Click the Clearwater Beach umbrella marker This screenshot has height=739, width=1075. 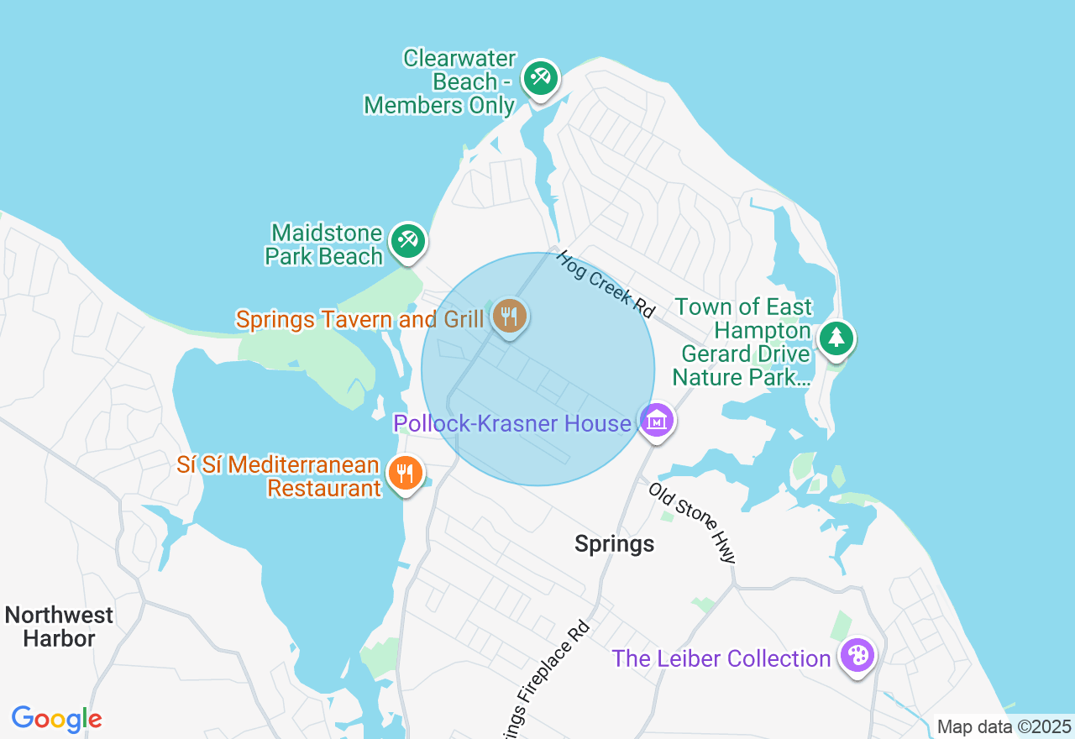tap(540, 78)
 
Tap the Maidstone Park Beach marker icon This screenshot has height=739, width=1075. tap(408, 241)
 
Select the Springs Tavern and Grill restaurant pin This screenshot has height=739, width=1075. tap(509, 317)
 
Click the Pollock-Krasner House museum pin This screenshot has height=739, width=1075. tap(657, 421)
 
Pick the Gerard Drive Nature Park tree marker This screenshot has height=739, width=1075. tap(836, 338)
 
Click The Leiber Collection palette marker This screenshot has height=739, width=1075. tap(857, 656)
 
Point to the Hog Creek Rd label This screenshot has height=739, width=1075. tap(605, 284)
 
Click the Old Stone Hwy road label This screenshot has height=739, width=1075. tap(693, 522)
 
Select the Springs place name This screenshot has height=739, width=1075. tap(614, 544)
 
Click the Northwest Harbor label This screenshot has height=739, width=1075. tap(59, 626)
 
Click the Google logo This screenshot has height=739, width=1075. tap(56, 719)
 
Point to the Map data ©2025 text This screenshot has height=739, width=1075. tap(1004, 726)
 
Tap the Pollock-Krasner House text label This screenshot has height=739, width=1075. tap(511, 423)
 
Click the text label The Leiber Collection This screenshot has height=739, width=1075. tap(721, 658)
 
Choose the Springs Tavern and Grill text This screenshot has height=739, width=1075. tap(359, 319)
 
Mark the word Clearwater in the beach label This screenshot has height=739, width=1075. tap(459, 58)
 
